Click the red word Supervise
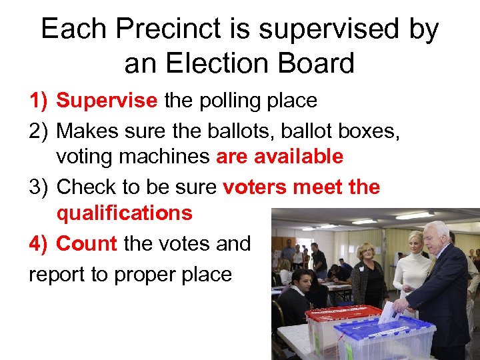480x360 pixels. coord(107,101)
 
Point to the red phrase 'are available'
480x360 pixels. coord(279,157)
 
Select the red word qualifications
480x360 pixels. coord(124,213)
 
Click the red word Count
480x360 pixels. coord(87,244)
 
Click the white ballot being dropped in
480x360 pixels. coord(388,312)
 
